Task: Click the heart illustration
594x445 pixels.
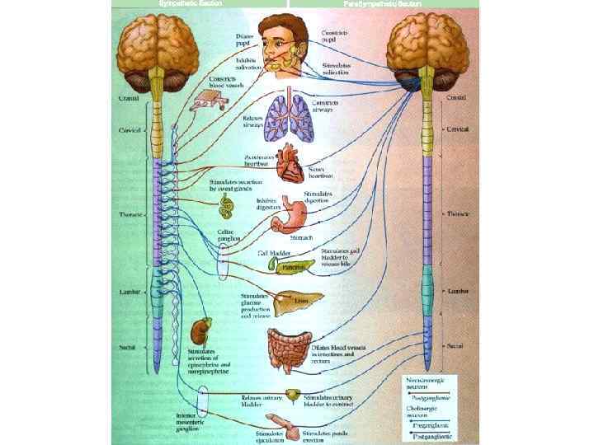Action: tap(290, 162)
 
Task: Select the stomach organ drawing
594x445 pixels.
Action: tap(292, 212)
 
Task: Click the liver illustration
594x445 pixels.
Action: tap(290, 302)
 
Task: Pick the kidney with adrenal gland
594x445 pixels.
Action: tap(199, 332)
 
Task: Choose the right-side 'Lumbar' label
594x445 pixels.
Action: tap(460, 292)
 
